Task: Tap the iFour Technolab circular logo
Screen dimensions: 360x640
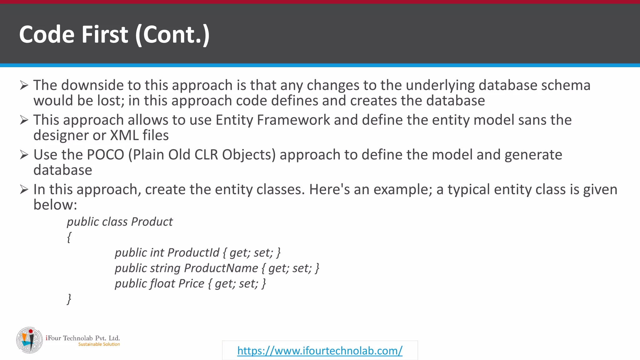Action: tap(29, 340)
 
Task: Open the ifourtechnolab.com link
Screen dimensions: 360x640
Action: tap(320, 351)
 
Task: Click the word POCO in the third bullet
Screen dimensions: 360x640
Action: tap(105, 155)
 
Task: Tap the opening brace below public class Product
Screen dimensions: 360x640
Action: tap(69, 237)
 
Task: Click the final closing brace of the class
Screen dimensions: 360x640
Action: tap(69, 299)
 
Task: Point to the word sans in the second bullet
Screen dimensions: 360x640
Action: tap(532, 120)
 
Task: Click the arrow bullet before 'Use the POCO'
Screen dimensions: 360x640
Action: tap(24, 154)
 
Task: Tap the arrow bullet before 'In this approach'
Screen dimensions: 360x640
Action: tap(24, 189)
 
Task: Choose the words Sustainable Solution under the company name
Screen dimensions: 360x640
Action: tap(99, 344)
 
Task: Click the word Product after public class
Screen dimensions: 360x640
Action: tap(152, 222)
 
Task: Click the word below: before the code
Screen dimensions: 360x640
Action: tap(55, 205)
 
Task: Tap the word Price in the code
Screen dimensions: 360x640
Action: tap(191, 283)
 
